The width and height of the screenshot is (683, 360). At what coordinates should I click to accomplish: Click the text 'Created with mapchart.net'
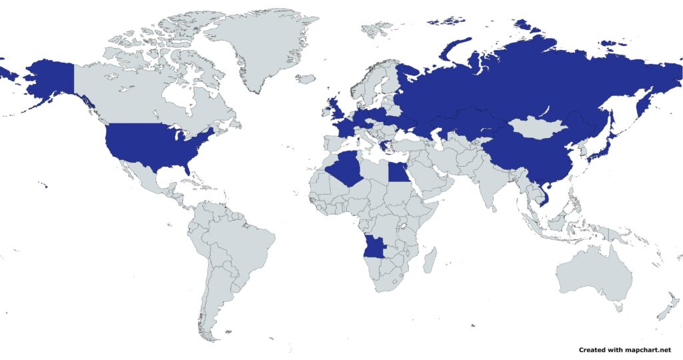click(x=624, y=349)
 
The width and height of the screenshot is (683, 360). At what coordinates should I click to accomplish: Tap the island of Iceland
click(x=305, y=79)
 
